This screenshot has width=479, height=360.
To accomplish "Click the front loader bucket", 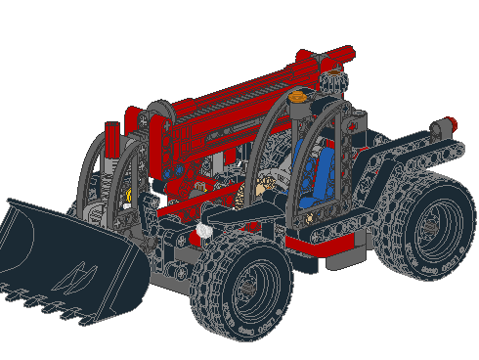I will [x=68, y=256].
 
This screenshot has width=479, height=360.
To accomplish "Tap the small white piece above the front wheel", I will [x=204, y=232].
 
